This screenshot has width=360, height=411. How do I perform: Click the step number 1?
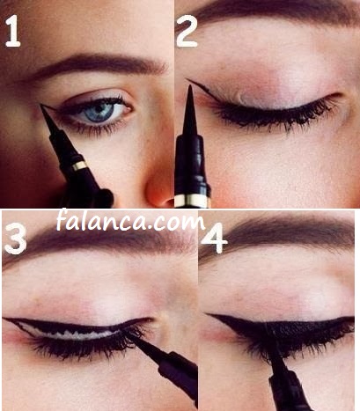(x=13, y=32)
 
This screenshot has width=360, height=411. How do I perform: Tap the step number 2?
(x=187, y=32)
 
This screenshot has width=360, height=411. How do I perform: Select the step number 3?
(x=15, y=239)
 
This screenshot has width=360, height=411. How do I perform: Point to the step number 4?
(x=214, y=238)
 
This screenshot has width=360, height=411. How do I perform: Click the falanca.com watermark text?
(x=130, y=221)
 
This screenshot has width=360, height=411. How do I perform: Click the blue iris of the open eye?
(x=99, y=112)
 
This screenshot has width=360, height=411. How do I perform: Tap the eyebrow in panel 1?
(x=97, y=66)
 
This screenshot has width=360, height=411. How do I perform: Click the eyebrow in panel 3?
(x=99, y=240)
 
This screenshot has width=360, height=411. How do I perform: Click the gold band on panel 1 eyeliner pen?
(x=79, y=165)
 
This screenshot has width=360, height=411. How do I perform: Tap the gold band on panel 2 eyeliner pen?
(x=193, y=200)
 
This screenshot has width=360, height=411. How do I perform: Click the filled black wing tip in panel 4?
(x=209, y=315)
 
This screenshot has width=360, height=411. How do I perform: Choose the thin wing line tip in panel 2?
(x=187, y=79)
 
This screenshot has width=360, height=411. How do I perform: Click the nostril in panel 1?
(x=168, y=202)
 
